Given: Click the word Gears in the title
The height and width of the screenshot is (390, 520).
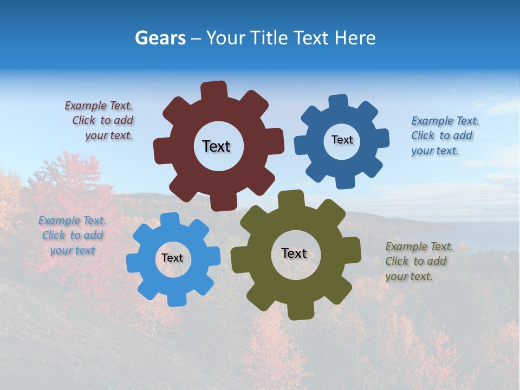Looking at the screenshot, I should click(x=160, y=38).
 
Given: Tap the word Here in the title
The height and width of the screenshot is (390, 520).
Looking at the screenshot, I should click(x=355, y=38).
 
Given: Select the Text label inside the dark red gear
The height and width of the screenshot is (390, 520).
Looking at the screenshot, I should click(x=216, y=146).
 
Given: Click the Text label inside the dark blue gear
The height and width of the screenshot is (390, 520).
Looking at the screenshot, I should click(x=342, y=140).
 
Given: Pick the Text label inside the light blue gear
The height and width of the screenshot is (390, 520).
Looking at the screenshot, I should click(x=172, y=258).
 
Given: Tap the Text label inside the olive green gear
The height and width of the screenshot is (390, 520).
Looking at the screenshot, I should click(x=294, y=253).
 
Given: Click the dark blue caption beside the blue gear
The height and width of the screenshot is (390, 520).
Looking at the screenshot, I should click(x=445, y=135).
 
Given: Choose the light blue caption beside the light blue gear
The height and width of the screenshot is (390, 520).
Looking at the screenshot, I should click(x=72, y=235).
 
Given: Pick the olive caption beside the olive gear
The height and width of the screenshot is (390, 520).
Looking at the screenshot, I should click(x=419, y=261).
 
